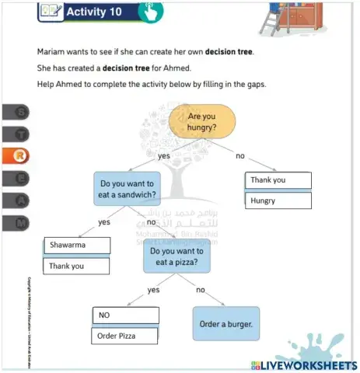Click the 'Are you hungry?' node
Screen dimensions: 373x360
coord(201,122)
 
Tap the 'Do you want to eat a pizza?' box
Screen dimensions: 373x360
coord(177,257)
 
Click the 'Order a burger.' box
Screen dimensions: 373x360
coord(225,323)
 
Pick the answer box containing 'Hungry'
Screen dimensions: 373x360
coord(278,200)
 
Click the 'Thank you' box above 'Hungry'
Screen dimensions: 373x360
coord(278,180)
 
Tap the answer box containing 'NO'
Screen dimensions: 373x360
coord(125,315)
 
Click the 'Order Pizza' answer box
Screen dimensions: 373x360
coord(125,336)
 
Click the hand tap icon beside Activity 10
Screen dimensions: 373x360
coord(151,12)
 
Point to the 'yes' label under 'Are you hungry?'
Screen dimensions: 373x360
coord(163,155)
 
